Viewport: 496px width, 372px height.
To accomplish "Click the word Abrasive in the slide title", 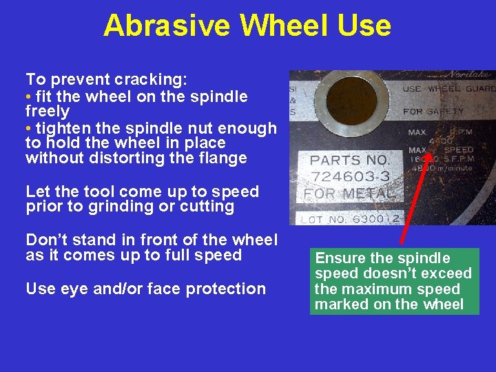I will pyautogui.click(x=167, y=26).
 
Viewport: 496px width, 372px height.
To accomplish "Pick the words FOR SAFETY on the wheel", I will pyautogui.click(x=433, y=111).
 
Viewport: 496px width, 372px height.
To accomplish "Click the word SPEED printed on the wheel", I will pyautogui.click(x=458, y=149).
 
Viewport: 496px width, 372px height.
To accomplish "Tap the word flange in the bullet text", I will pyautogui.click(x=223, y=158).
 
